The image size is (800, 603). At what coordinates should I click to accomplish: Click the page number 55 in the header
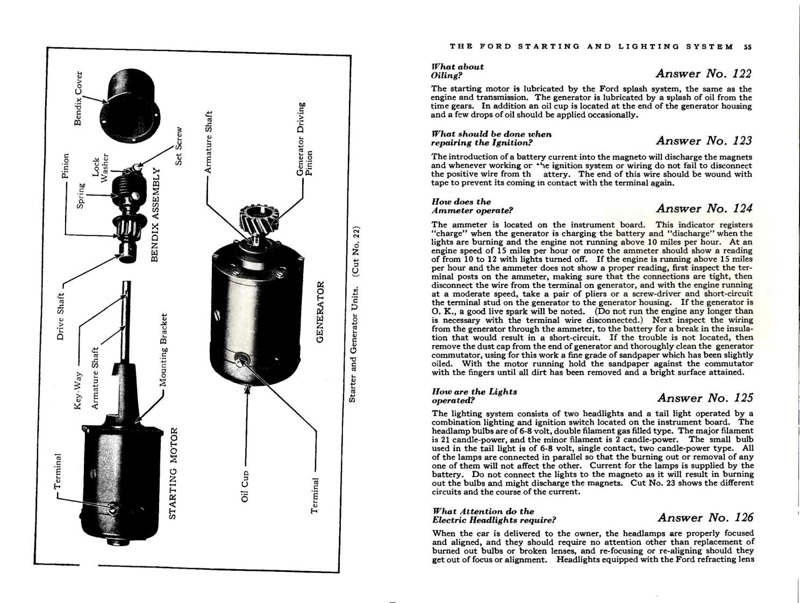point(747,47)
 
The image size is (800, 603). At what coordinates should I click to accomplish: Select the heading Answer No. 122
point(703,74)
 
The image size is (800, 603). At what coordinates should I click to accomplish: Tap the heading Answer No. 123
point(704,141)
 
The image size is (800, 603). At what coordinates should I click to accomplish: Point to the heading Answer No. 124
point(704,209)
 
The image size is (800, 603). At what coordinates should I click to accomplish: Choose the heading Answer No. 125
point(705,398)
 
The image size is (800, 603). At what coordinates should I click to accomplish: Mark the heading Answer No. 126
point(705,518)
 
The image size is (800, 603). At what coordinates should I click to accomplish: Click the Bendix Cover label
point(78,98)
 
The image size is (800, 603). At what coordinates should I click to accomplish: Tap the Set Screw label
point(179,146)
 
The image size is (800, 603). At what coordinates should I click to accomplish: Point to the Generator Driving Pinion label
point(304,139)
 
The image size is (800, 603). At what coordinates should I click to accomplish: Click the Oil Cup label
point(245,486)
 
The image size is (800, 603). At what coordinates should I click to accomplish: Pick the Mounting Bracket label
point(163,350)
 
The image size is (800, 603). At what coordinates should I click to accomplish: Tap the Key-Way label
point(78,390)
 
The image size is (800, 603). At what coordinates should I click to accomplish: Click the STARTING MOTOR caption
point(173,473)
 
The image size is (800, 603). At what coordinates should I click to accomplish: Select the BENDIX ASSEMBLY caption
point(155,215)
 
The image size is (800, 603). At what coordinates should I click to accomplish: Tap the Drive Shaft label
point(61,316)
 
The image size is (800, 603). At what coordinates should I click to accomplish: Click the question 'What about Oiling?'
point(457,71)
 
